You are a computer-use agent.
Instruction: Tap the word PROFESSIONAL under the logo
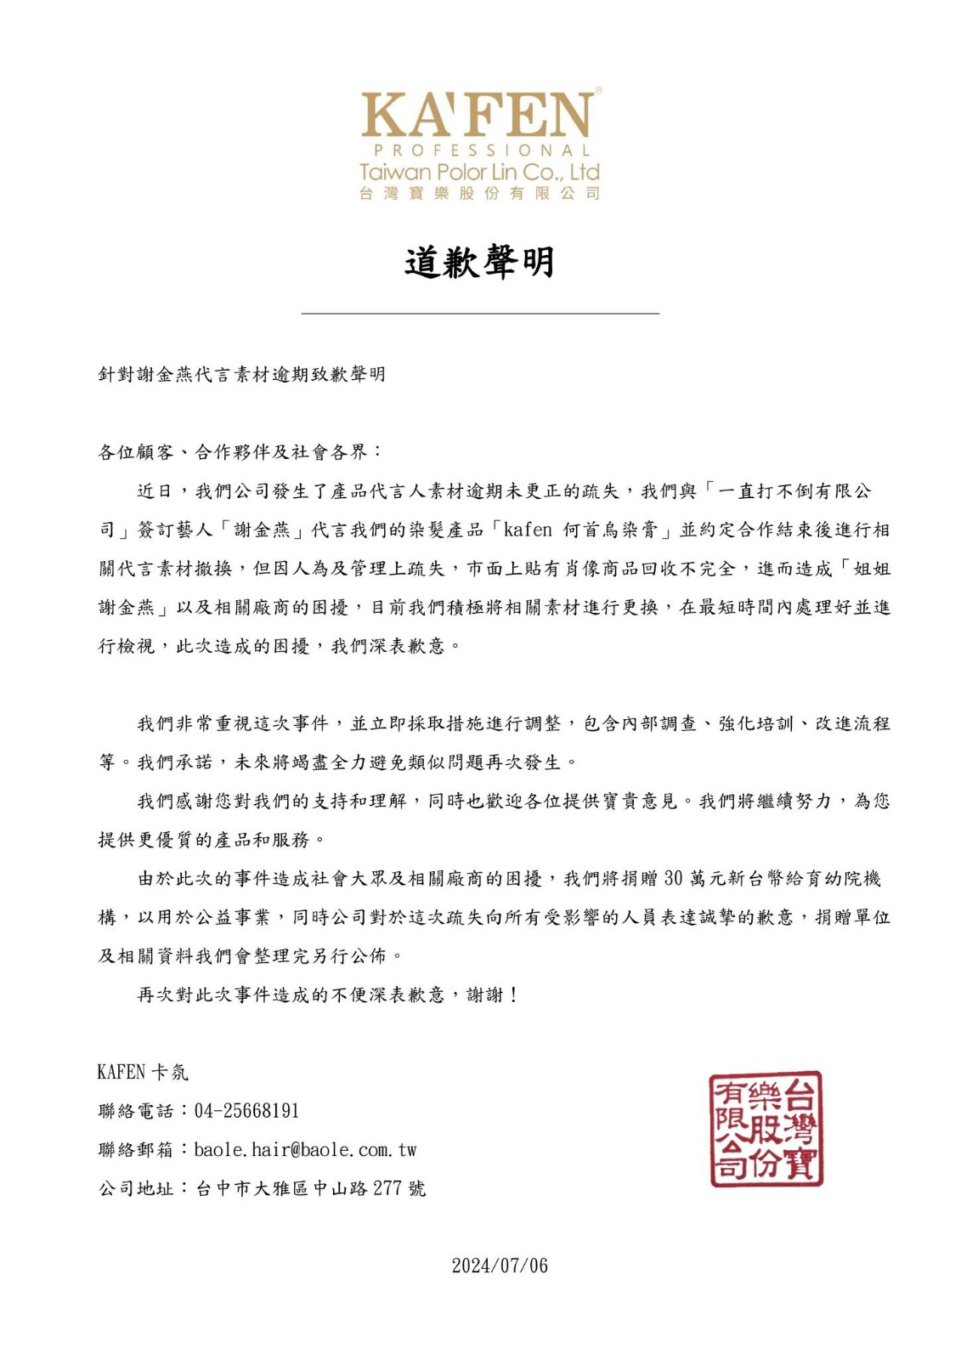click(x=479, y=150)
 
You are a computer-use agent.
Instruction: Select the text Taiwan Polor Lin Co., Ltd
click(x=479, y=172)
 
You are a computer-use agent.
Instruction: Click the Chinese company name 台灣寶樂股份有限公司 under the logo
click(x=479, y=193)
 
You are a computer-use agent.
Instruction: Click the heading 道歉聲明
click(x=479, y=262)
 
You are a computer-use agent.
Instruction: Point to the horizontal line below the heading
click(x=480, y=314)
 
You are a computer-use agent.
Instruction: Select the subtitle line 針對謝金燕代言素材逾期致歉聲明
click(x=242, y=374)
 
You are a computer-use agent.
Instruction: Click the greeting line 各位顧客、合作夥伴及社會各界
click(x=240, y=452)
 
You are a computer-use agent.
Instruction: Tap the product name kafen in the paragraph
click(x=528, y=530)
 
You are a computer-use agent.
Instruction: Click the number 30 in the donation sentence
click(x=673, y=878)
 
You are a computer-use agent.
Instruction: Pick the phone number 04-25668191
click(x=246, y=1111)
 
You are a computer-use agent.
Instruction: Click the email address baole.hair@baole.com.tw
click(x=305, y=1150)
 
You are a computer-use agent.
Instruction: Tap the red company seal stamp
click(x=766, y=1129)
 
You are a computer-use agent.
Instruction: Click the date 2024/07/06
click(x=500, y=1266)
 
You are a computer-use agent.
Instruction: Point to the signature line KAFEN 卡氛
click(x=143, y=1072)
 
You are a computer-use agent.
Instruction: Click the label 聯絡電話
click(x=135, y=1111)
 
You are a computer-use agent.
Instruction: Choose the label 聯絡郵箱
click(x=135, y=1150)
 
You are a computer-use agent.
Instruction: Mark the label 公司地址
click(x=135, y=1188)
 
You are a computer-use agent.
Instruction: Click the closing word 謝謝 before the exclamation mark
click(x=485, y=994)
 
